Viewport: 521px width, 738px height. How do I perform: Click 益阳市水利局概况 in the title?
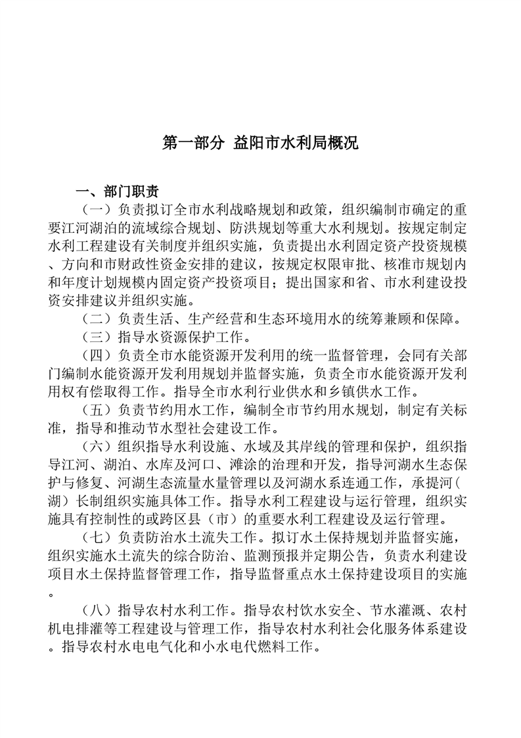coord(296,143)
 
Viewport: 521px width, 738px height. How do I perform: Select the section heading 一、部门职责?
coord(117,192)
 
